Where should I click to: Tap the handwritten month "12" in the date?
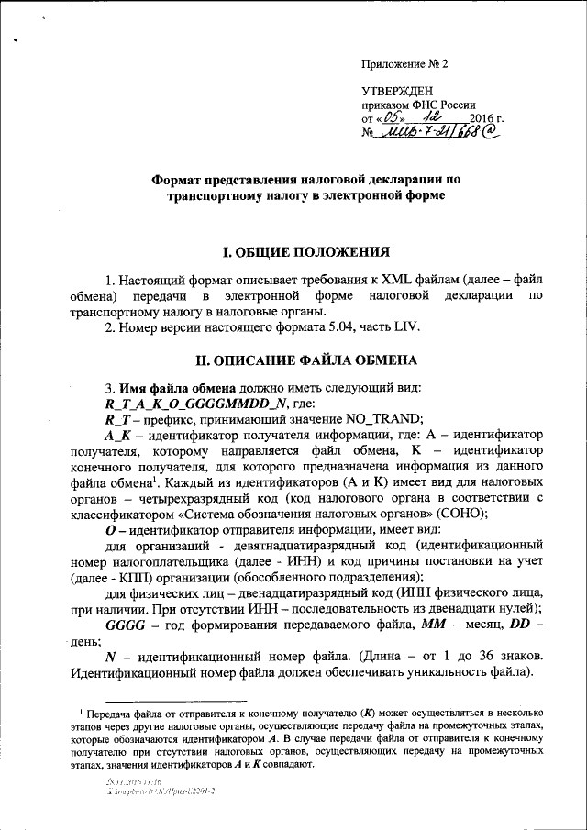click(424, 119)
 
